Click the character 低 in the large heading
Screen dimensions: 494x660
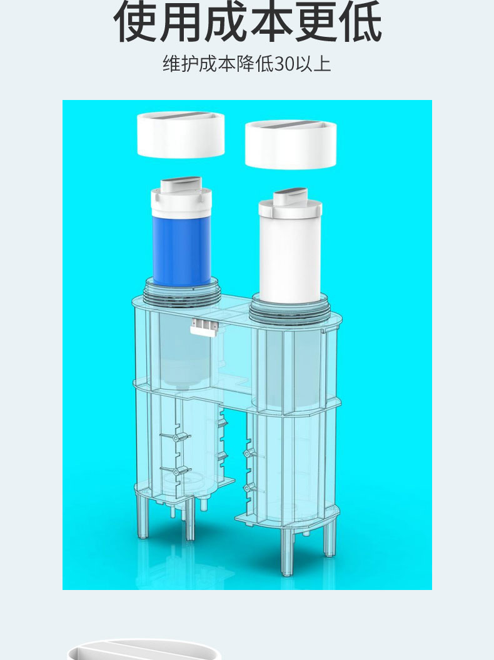click(360, 21)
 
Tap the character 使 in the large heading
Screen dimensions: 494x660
click(136, 21)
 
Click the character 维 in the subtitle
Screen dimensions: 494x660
click(171, 64)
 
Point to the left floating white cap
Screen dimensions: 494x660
click(181, 135)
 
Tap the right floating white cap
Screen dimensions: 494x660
click(291, 145)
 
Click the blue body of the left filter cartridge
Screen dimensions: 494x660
click(181, 251)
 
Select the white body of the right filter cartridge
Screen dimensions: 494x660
click(290, 259)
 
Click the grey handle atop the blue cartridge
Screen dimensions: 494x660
click(181, 184)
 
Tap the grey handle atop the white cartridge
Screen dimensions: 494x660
click(291, 197)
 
